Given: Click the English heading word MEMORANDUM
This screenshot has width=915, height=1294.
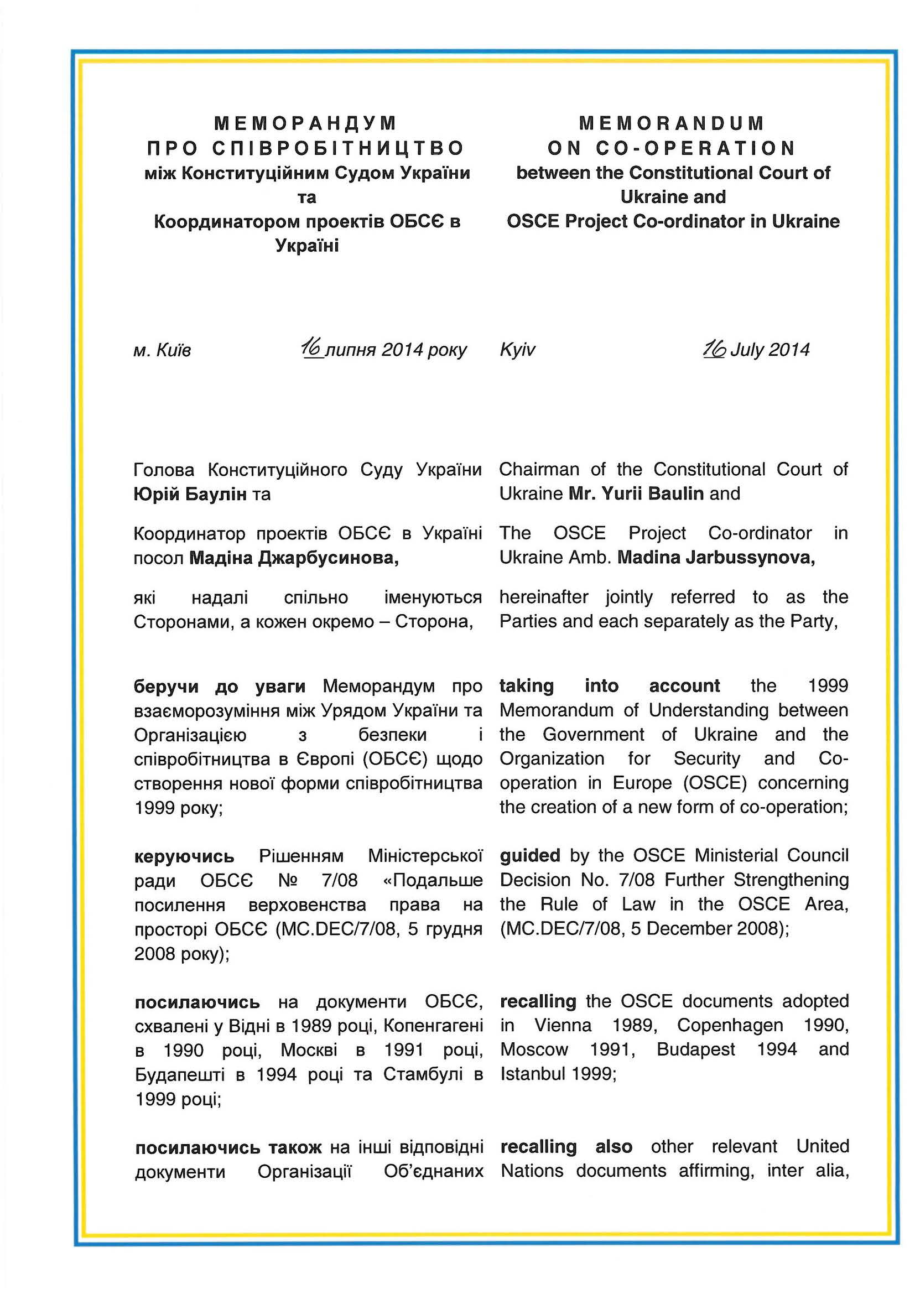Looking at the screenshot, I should [x=672, y=123].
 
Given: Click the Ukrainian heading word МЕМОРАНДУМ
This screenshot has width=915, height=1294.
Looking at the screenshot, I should [x=306, y=123].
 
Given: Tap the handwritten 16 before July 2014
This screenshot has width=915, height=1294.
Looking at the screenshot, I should [x=714, y=349].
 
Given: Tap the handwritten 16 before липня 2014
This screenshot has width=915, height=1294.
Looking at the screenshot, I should [x=311, y=349].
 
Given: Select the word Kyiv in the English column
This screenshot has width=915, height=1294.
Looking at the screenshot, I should [x=517, y=350].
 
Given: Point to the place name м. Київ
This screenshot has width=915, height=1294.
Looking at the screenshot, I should [x=162, y=351].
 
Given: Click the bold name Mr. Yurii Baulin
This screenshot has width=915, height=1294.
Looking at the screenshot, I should [x=636, y=493].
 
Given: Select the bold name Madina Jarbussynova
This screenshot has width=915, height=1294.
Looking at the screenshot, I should [x=716, y=558].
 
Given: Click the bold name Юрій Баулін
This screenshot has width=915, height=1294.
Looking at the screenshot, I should [x=190, y=494].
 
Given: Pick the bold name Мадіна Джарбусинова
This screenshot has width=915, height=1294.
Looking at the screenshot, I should [x=294, y=558].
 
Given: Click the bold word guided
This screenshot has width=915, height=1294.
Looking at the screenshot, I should [x=529, y=855].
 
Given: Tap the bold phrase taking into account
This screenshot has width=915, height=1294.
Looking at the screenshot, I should [x=610, y=686].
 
